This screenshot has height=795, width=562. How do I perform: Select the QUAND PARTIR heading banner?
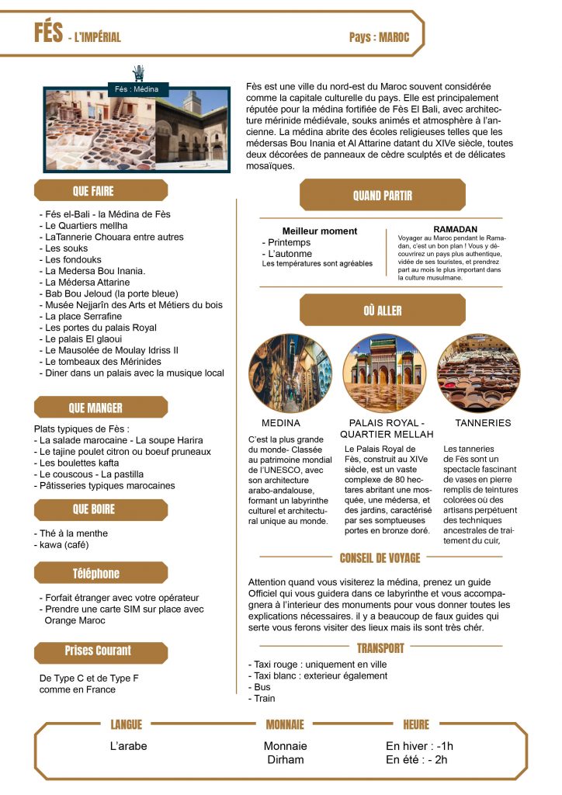point(382,196)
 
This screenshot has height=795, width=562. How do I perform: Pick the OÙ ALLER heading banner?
point(382,311)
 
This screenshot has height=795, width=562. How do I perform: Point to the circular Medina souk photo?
point(280,373)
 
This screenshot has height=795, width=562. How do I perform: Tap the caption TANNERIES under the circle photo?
point(483,423)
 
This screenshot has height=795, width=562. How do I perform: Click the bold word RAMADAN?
point(456,229)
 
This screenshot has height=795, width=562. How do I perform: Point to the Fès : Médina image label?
point(137,89)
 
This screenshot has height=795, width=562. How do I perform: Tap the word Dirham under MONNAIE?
point(285,759)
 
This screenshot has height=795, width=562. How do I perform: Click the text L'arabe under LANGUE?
point(129,746)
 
